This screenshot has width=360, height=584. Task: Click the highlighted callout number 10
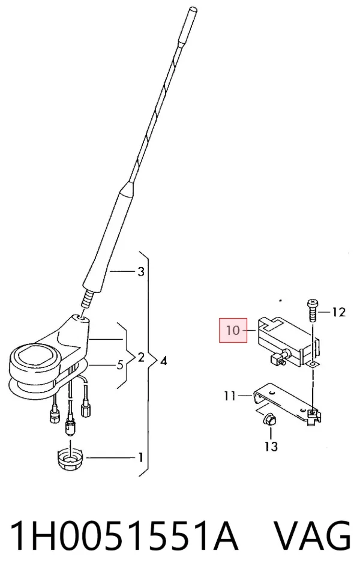(x=233, y=330)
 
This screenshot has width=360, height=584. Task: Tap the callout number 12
(x=338, y=312)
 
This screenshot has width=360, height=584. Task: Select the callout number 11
(x=230, y=396)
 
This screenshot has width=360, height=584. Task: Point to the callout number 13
(x=271, y=446)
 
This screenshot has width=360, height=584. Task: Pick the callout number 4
(x=163, y=361)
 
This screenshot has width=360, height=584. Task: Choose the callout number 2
(x=141, y=358)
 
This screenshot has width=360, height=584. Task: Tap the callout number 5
(x=120, y=365)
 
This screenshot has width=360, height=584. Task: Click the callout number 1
(x=140, y=457)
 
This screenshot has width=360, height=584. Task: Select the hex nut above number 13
(x=269, y=420)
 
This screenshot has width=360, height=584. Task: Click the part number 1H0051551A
(x=124, y=536)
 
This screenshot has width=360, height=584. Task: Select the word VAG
(x=313, y=536)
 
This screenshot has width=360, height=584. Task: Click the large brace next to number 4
(x=148, y=363)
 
